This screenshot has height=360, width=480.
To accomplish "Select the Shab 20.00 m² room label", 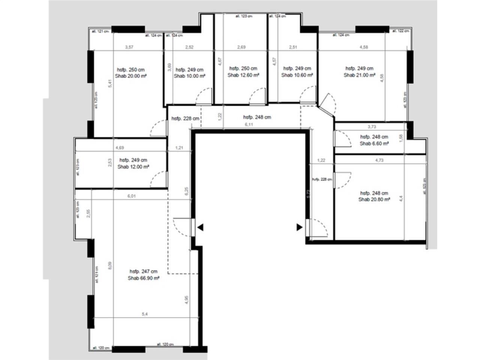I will (131, 75).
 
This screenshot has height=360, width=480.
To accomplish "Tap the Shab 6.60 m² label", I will (374, 143).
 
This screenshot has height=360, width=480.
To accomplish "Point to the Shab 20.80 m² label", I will (374, 199).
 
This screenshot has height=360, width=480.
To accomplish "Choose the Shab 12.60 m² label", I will (243, 75).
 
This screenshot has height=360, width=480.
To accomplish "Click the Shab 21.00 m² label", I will (359, 75).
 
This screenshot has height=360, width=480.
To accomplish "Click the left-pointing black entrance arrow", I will (201, 227).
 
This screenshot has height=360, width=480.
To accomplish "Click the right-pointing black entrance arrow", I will (299, 227).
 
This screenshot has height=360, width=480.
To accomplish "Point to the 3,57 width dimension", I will (129, 47).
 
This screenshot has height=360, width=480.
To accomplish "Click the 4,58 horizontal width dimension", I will (363, 47).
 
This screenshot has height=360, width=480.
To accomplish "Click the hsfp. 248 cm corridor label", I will (257, 117).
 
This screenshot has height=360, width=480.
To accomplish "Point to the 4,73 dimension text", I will (379, 160).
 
